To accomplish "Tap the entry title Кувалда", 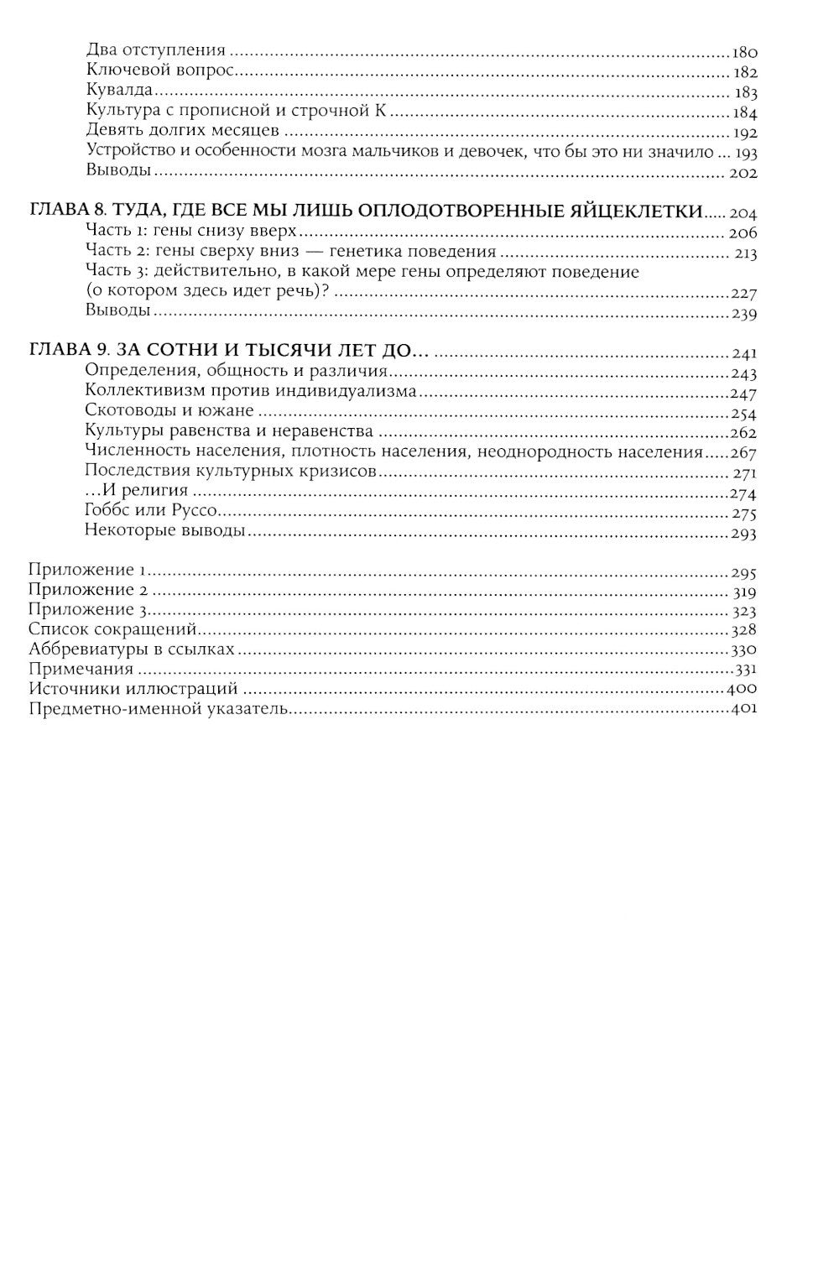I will tap(118, 91).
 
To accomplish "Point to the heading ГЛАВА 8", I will tap(68, 212).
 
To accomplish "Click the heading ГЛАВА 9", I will tap(68, 352).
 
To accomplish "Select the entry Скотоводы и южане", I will tap(169, 412).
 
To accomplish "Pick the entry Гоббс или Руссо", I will tap(164, 512).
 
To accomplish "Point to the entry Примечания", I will tap(81, 670).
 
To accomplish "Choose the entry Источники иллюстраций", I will tap(133, 689).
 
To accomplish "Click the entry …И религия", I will tap(137, 492).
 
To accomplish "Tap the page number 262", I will tap(744, 434).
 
